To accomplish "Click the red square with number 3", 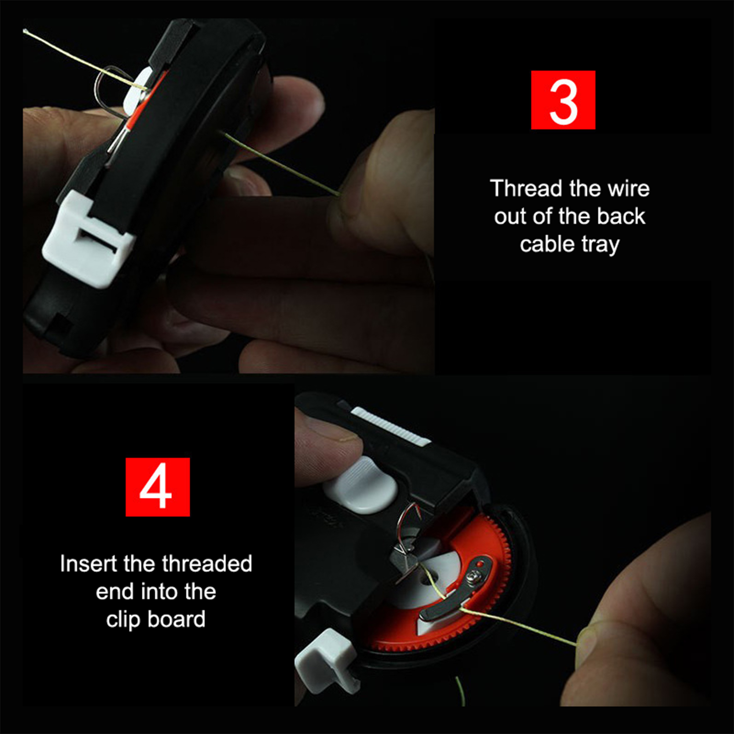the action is click(x=563, y=100).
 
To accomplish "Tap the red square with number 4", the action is click(x=157, y=487).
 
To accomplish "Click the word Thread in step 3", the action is click(x=526, y=189).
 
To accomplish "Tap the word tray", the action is click(x=601, y=245).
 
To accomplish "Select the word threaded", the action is click(x=207, y=563).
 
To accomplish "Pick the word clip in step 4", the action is click(x=123, y=620).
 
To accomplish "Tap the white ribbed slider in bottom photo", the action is click(x=390, y=426).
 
